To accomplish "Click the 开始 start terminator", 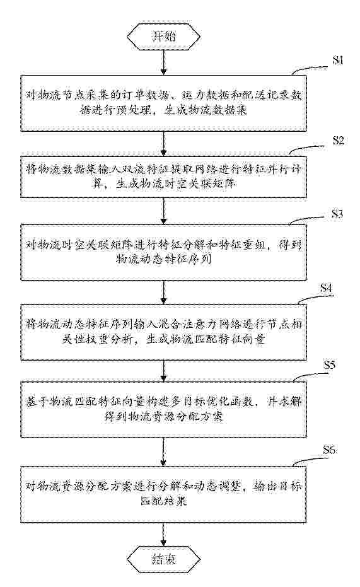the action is click(163, 37).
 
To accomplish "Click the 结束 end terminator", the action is click(163, 559).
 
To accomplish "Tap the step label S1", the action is click(338, 61).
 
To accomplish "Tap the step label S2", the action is click(338, 141).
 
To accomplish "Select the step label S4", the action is click(326, 288).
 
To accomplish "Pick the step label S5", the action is click(329, 364).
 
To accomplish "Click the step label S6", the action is click(329, 450).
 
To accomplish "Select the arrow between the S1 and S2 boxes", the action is click(163, 143).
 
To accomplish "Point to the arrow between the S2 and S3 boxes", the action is click(163, 211).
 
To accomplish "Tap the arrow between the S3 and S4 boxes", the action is click(163, 292).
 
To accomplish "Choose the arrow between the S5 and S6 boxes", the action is click(163, 451).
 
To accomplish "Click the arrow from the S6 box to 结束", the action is click(163, 535).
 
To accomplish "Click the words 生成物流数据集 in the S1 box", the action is click(206, 110).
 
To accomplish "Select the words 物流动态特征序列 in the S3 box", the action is click(164, 259).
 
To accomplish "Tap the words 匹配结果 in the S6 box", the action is click(164, 501).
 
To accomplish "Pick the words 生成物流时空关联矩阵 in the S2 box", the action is click(175, 184).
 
